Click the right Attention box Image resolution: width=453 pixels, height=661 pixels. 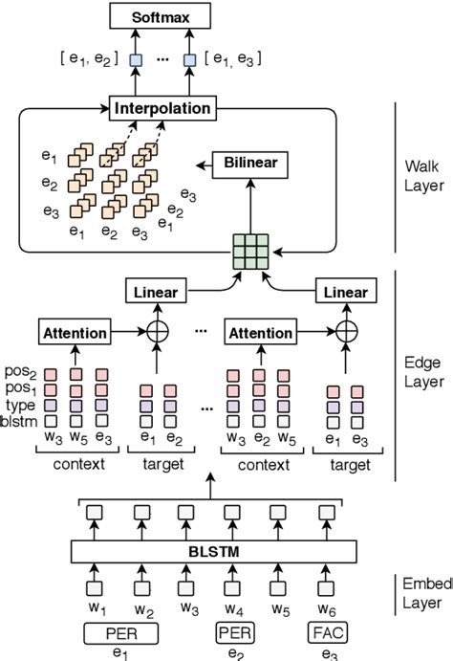(259, 333)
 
